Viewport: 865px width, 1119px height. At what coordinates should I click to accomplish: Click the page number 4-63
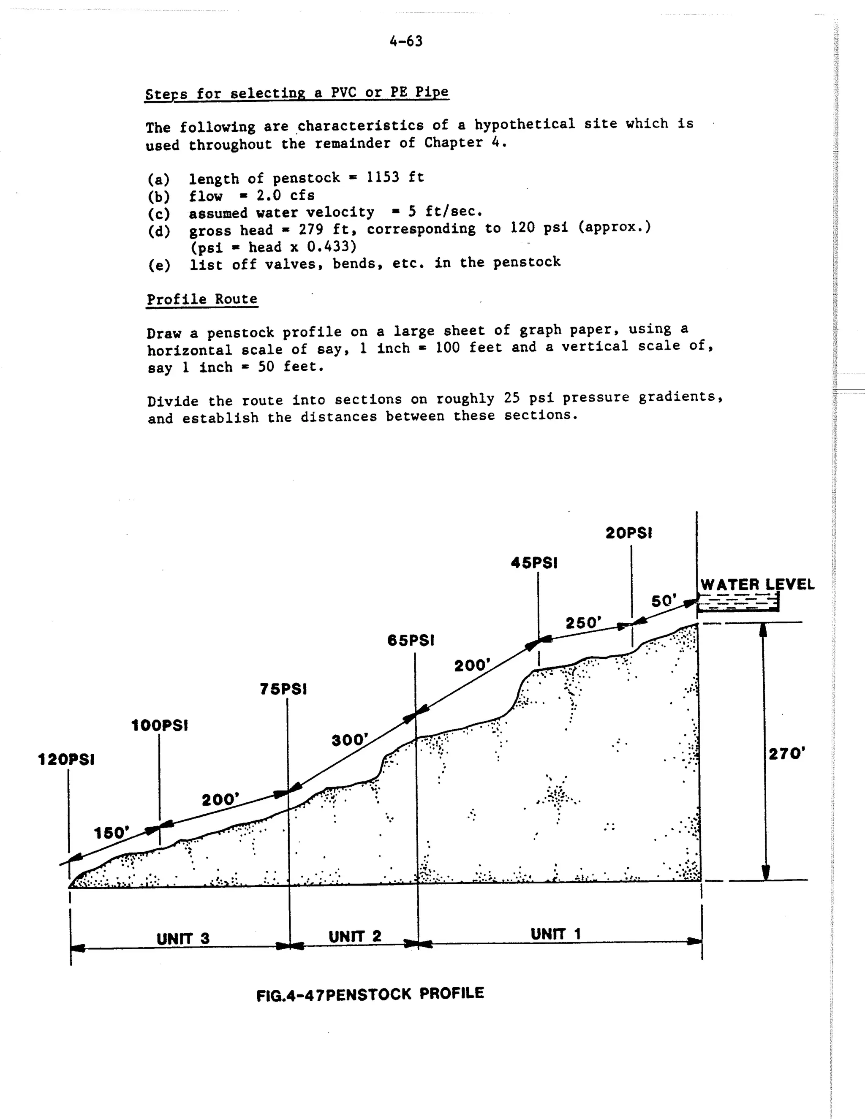tap(406, 41)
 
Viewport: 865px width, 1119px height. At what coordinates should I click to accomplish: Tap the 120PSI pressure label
tap(66, 760)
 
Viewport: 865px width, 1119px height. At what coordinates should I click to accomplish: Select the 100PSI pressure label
tap(159, 725)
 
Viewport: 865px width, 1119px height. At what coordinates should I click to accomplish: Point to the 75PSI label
tap(283, 690)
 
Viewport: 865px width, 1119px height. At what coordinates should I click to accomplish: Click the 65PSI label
tap(411, 641)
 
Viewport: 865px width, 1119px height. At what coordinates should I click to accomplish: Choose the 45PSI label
tap(534, 563)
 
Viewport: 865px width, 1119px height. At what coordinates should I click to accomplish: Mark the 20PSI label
tap(629, 533)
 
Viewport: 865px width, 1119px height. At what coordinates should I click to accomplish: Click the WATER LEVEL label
tap(757, 584)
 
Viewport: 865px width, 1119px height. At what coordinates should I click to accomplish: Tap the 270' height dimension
tap(786, 754)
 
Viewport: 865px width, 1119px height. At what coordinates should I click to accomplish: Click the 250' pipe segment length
tap(582, 623)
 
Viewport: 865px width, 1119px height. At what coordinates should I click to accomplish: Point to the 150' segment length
tap(112, 833)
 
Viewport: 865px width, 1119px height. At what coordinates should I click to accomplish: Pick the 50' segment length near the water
tap(664, 601)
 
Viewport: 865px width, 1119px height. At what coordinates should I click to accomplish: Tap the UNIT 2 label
tap(355, 937)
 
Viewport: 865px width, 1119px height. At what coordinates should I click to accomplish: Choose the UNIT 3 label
tap(183, 939)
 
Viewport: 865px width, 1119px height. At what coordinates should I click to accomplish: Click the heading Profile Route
tap(202, 299)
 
